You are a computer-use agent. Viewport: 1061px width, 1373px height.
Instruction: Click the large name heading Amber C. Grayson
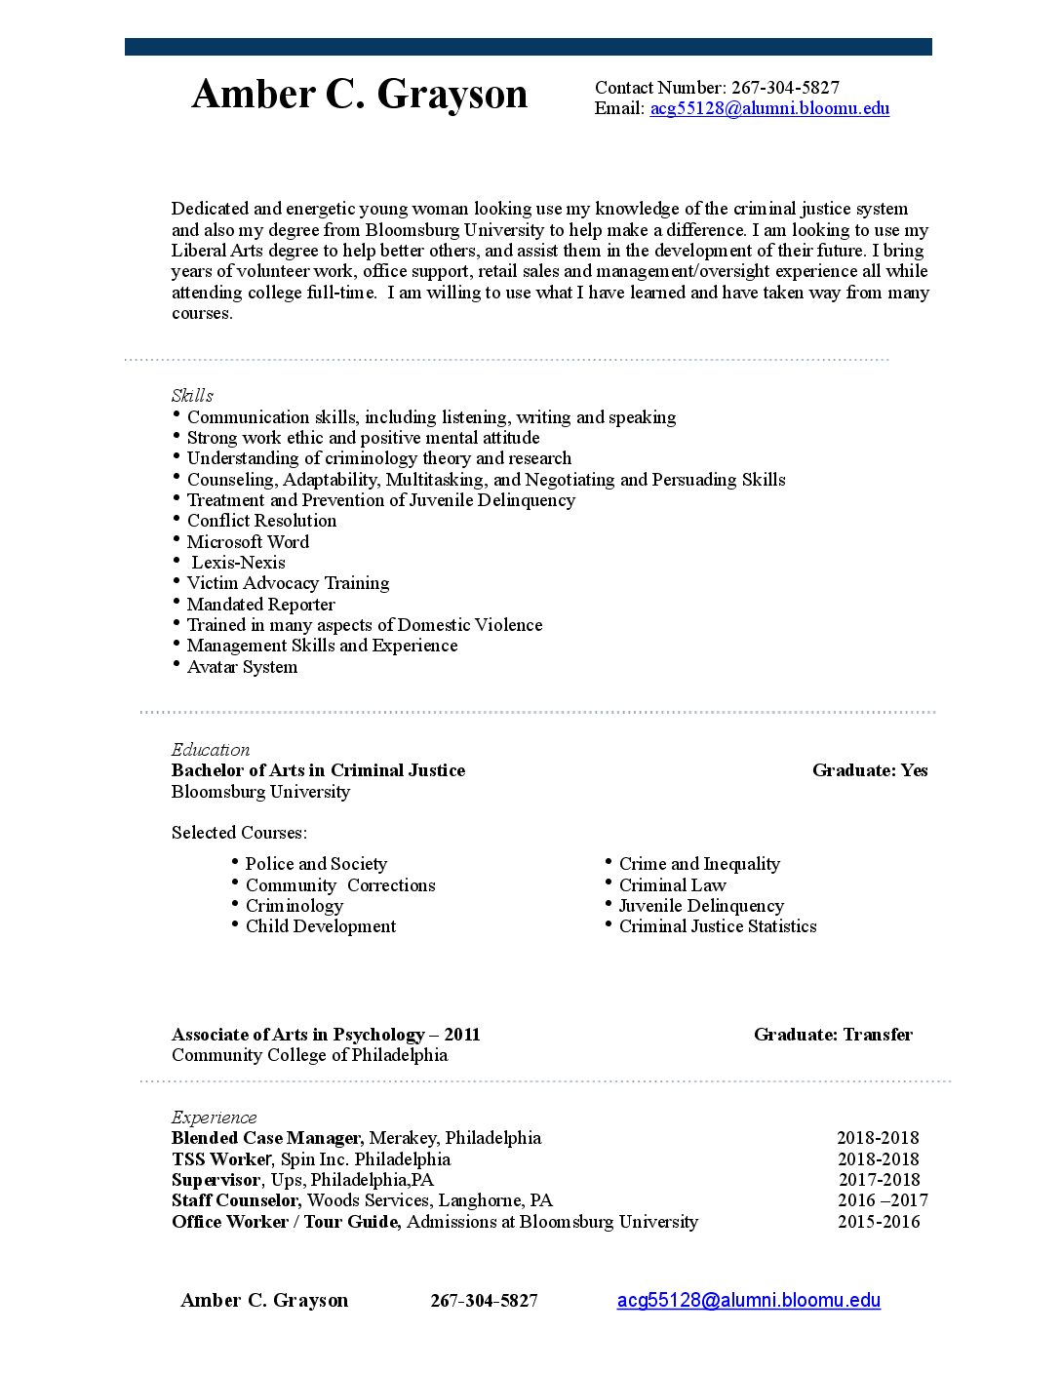[x=359, y=95]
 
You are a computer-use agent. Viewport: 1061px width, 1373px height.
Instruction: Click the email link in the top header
[x=769, y=108]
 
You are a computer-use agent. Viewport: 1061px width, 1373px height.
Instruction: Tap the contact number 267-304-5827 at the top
[x=785, y=88]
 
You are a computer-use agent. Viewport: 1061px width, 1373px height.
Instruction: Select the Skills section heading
[x=192, y=395]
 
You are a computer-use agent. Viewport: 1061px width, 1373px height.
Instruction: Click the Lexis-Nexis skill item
[x=238, y=563]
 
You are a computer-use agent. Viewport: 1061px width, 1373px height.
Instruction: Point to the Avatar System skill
[x=242, y=667]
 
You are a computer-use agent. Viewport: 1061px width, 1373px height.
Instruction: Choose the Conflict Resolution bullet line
[x=261, y=521]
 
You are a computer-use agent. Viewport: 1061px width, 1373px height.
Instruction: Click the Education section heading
[x=211, y=749]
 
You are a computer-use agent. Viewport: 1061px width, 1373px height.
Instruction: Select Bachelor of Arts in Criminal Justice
[x=318, y=770]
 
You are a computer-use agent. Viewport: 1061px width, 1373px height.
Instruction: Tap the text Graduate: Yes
[x=870, y=770]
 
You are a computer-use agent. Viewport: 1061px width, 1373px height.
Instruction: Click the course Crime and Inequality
[x=699, y=864]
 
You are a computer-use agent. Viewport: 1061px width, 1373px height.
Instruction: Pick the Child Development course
[x=320, y=926]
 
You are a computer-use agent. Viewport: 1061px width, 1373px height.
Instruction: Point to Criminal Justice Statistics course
[x=718, y=926]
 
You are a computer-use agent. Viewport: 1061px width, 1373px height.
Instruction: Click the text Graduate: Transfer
[x=833, y=1035]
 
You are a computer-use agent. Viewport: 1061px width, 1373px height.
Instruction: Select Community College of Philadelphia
[x=309, y=1055]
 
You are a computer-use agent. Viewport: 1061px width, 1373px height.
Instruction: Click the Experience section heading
[x=214, y=1117]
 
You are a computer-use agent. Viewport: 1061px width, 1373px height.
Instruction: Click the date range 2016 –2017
[x=883, y=1200]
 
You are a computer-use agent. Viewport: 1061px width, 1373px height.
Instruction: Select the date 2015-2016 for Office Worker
[x=879, y=1222]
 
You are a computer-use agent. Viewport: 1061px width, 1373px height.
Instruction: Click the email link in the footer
[x=748, y=1300]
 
